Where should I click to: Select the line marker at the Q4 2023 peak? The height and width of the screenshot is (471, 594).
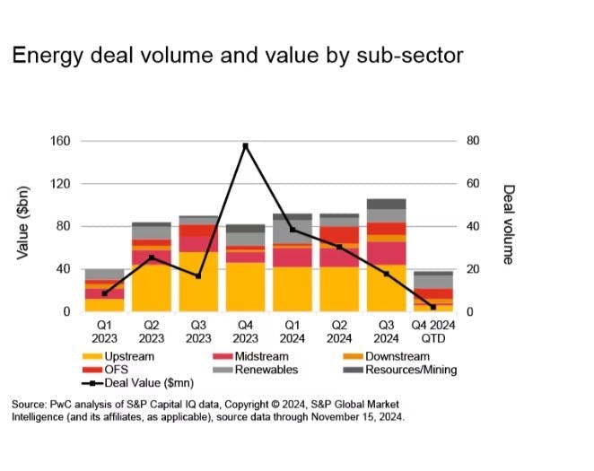pos(245,145)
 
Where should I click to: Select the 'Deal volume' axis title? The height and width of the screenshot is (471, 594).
pos(508,224)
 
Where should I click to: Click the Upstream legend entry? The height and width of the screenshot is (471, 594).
pos(122,356)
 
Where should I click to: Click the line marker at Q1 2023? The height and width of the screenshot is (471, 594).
pos(105,293)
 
